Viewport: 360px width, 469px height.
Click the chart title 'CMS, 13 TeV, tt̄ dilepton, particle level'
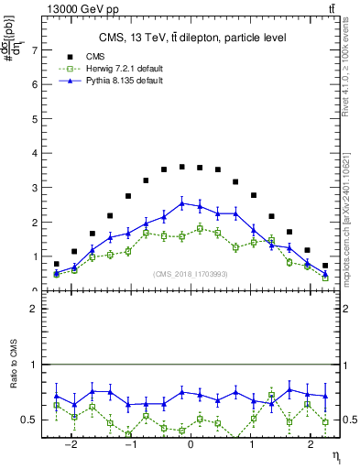pyautogui.click(x=192, y=38)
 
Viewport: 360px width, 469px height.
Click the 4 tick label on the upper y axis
pyautogui.click(x=36, y=153)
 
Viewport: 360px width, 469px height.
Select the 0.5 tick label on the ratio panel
pyautogui.click(x=32, y=420)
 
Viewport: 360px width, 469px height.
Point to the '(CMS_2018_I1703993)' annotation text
pyautogui.click(x=190, y=274)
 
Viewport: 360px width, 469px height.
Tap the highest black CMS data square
pyautogui.click(x=182, y=167)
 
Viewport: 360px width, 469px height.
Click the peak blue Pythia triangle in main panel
pyautogui.click(x=182, y=202)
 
